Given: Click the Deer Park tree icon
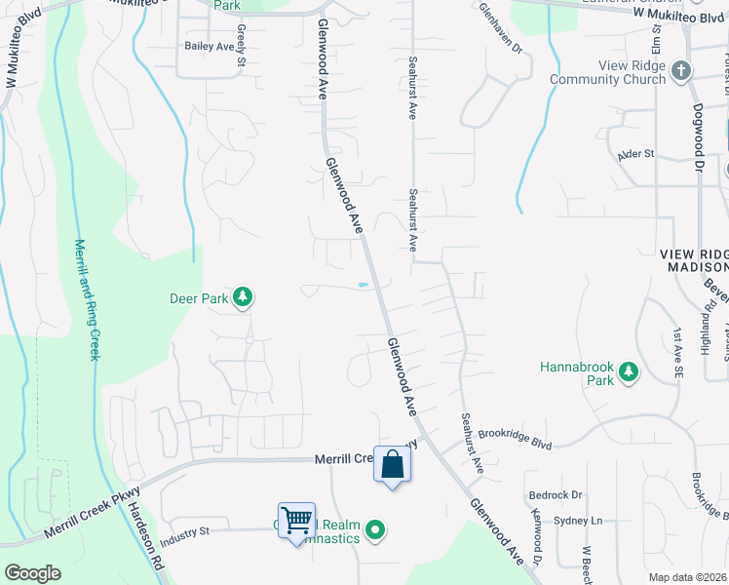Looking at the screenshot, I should [x=243, y=296].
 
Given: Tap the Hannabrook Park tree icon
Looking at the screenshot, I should [x=629, y=370].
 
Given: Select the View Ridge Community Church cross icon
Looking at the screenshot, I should [x=681, y=70].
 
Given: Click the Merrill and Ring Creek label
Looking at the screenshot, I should [x=88, y=299].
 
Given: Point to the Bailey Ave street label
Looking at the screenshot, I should [x=211, y=46].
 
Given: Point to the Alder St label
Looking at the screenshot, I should [x=635, y=154].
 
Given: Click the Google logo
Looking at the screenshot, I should [x=32, y=573].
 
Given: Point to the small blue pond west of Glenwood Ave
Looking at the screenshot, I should [x=363, y=285].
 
